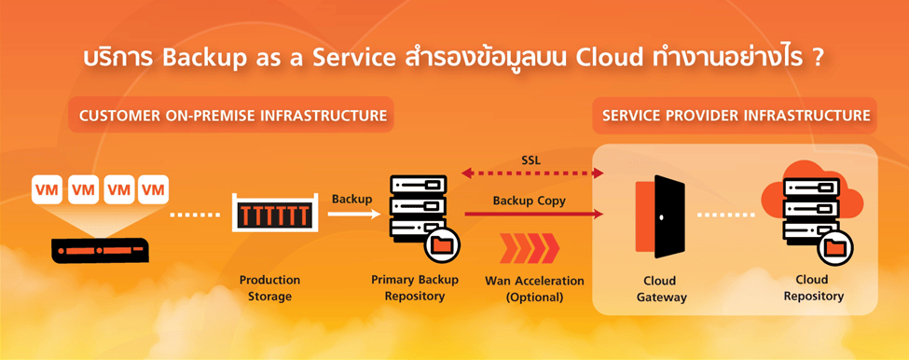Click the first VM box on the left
46,190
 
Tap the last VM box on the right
153,190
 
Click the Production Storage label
269,288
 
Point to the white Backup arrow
353,214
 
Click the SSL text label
530,159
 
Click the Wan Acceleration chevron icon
530,249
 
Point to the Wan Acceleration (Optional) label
534,289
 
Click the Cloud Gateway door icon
659,216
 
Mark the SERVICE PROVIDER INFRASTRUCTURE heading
736,117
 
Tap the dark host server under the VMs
99,249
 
